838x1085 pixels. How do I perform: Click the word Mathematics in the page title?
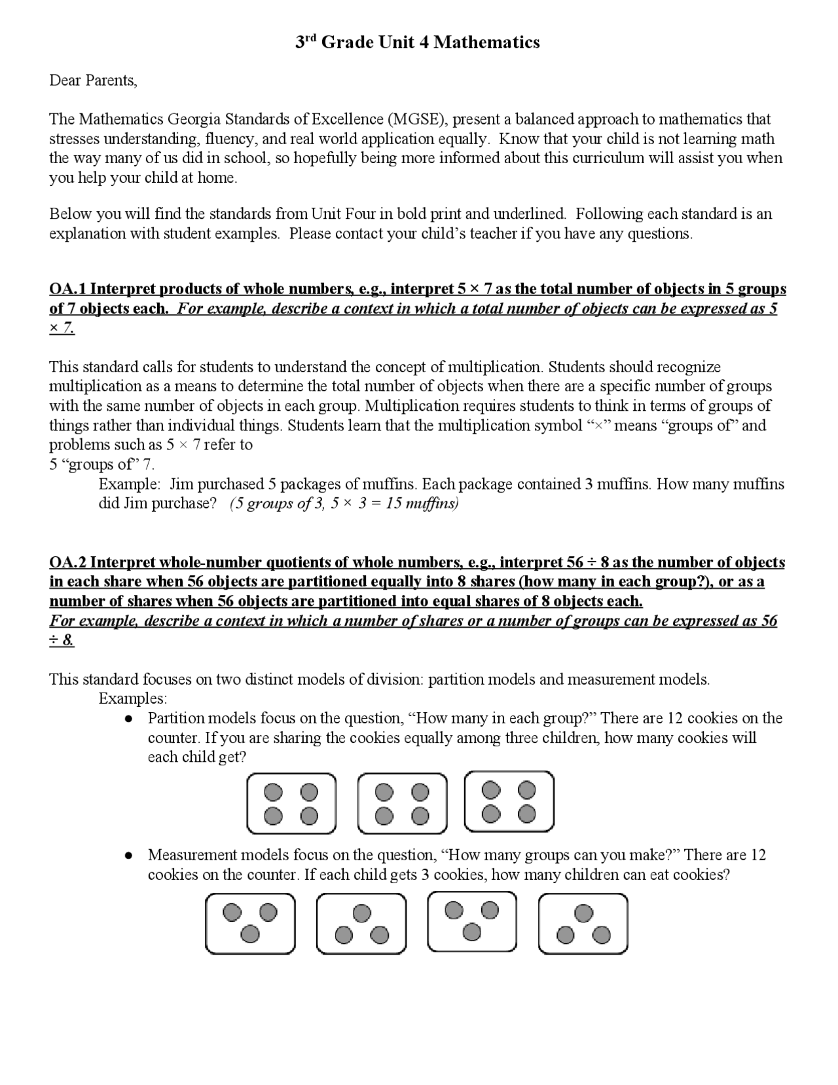tap(486, 43)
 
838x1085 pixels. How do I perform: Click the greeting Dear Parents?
tap(93, 81)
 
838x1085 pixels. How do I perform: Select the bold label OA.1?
tap(67, 289)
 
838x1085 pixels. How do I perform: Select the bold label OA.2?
tap(67, 562)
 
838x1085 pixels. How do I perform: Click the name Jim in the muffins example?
tap(180, 484)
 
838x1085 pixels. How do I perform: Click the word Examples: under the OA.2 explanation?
tap(133, 698)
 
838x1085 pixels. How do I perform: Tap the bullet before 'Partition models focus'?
tap(130, 719)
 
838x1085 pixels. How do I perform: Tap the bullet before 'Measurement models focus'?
tap(130, 856)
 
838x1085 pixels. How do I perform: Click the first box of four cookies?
tap(291, 804)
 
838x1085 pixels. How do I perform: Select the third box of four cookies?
tap(509, 801)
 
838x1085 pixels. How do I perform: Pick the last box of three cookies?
tap(583, 924)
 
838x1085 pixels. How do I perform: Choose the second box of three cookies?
tap(361, 924)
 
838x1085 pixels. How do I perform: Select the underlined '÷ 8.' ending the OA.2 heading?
tap(62, 641)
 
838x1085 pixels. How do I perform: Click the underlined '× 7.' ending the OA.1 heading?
tap(62, 328)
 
